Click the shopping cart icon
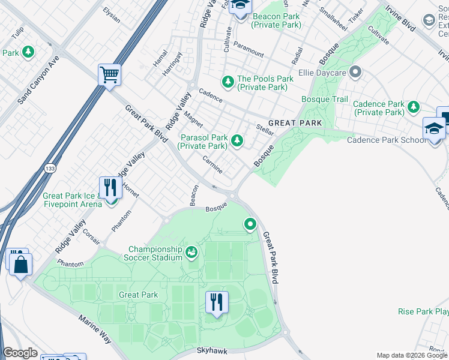point(109,76)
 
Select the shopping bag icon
point(20,265)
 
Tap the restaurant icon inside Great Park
point(217,302)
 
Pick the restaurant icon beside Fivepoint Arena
point(110,187)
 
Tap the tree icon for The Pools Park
point(228,80)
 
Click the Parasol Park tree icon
point(238,141)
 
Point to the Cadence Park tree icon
point(413,107)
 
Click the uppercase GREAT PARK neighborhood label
point(295,123)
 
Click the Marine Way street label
point(94,327)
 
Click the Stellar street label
point(265,129)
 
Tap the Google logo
point(20,353)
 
